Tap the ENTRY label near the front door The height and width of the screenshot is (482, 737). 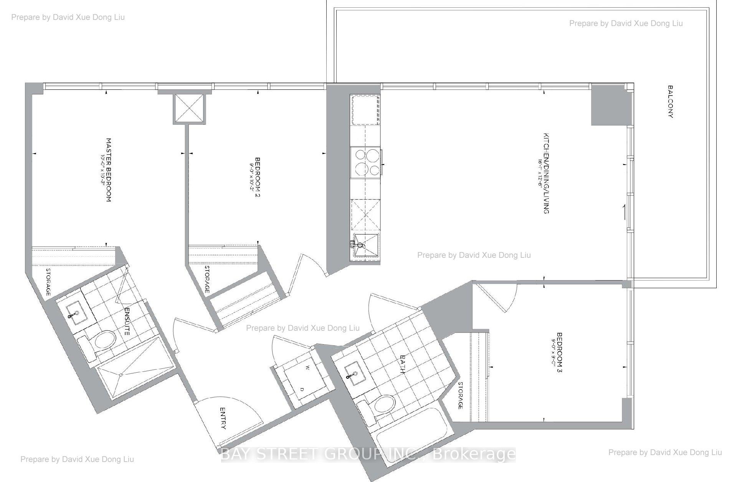coord(223,418)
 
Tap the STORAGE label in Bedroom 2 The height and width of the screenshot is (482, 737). coord(207,279)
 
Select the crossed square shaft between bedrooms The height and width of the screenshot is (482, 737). coord(189,109)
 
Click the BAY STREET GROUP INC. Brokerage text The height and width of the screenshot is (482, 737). coord(368,454)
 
